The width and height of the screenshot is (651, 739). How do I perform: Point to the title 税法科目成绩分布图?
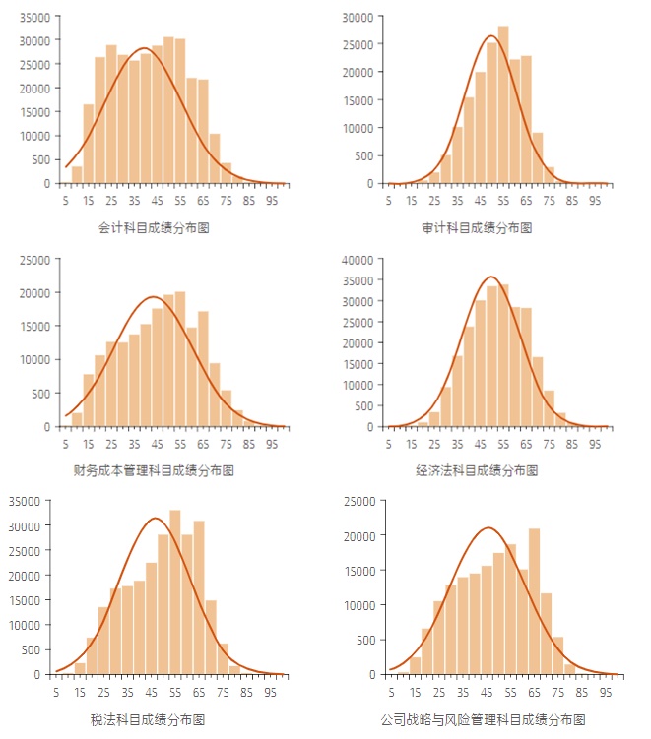[x=147, y=719]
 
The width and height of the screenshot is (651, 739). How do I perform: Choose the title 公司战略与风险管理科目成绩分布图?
[x=482, y=719]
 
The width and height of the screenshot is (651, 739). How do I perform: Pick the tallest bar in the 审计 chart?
[x=503, y=104]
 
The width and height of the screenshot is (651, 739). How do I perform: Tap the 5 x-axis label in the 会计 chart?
[x=65, y=200]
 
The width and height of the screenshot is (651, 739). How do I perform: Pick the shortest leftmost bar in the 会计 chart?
[x=77, y=174]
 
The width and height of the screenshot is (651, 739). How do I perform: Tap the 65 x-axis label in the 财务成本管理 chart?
[x=203, y=443]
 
